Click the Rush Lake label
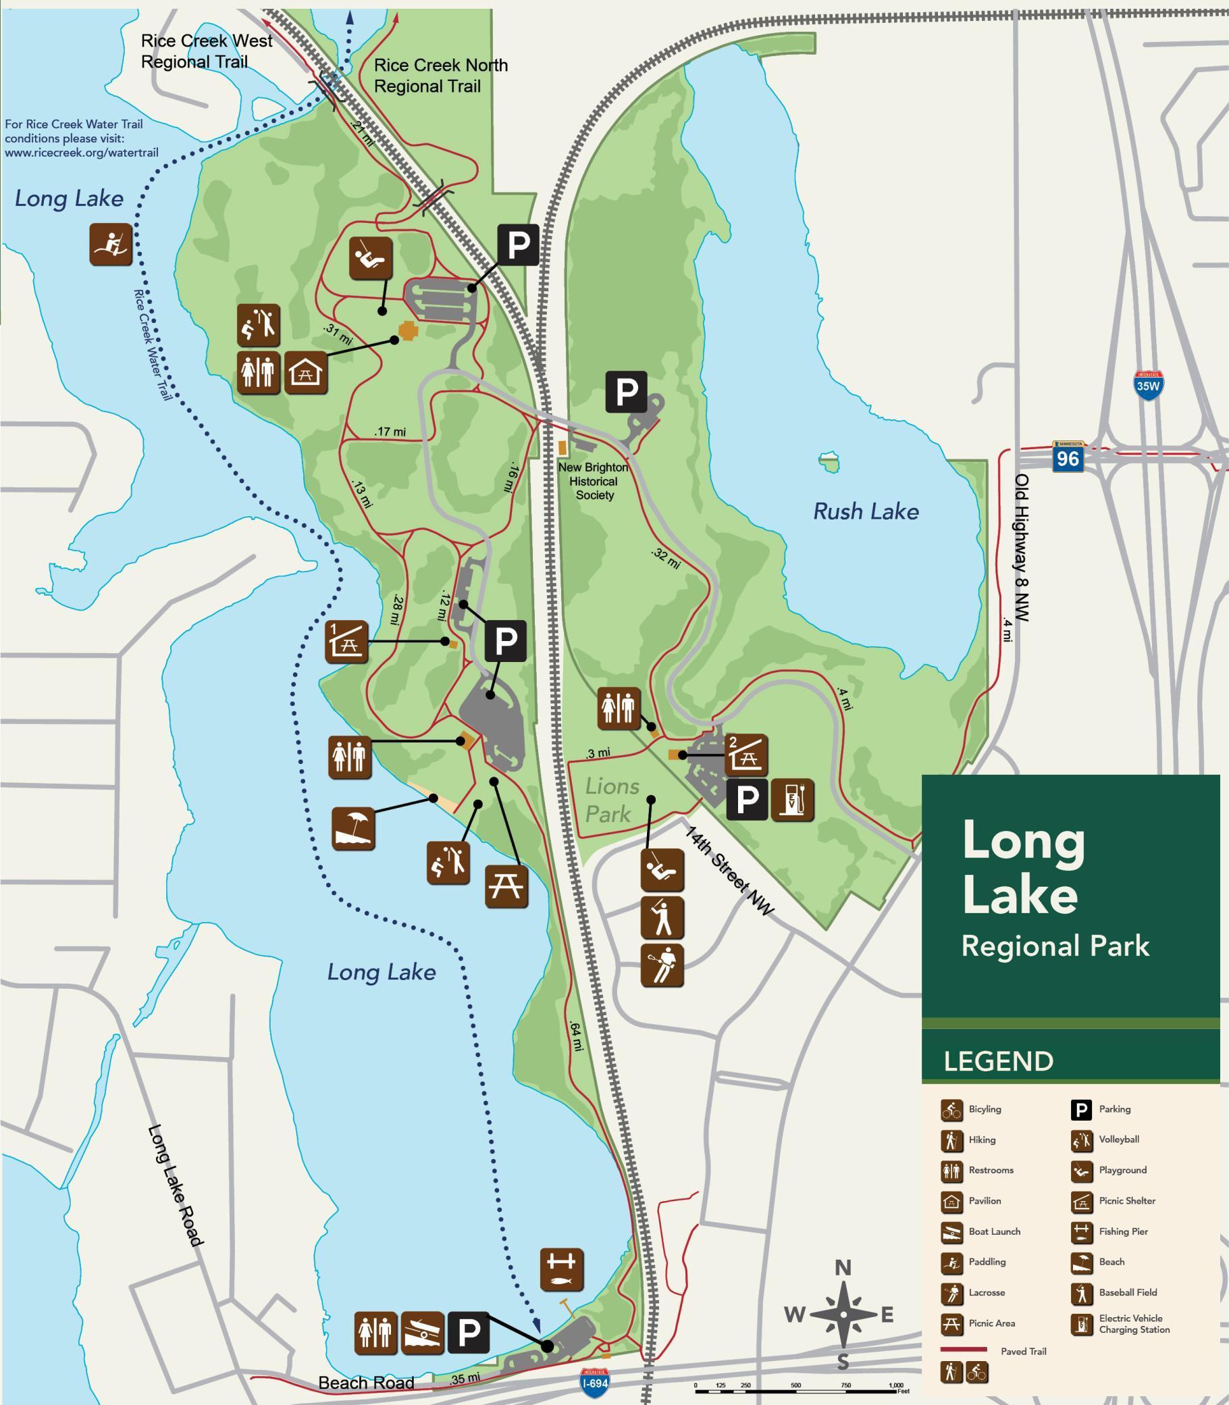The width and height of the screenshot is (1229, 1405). point(866,512)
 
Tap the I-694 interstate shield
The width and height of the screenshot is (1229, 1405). point(594,1381)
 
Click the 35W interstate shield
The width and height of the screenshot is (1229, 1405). point(1148,386)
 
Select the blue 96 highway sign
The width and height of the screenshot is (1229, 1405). point(1068,457)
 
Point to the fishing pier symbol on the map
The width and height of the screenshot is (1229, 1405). point(562,1270)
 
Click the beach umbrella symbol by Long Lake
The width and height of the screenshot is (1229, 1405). point(353,829)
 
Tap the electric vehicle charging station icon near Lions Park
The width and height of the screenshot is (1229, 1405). point(792,800)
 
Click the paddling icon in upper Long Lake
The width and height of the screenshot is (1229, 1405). point(111,245)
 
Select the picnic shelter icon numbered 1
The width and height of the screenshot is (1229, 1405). point(346,642)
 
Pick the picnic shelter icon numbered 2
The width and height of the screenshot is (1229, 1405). point(746,755)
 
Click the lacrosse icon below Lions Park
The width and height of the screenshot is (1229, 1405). point(662,965)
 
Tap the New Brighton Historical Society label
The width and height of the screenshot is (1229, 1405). point(594,481)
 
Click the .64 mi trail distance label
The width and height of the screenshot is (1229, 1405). point(575,1037)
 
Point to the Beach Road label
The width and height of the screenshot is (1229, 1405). point(366,1382)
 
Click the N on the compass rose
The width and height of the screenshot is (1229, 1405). point(843,1268)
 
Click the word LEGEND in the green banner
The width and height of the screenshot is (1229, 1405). point(998,1061)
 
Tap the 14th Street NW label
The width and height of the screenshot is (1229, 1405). point(729,871)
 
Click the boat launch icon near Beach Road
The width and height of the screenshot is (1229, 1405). point(422,1333)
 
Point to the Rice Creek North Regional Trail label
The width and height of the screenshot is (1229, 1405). point(440,76)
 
